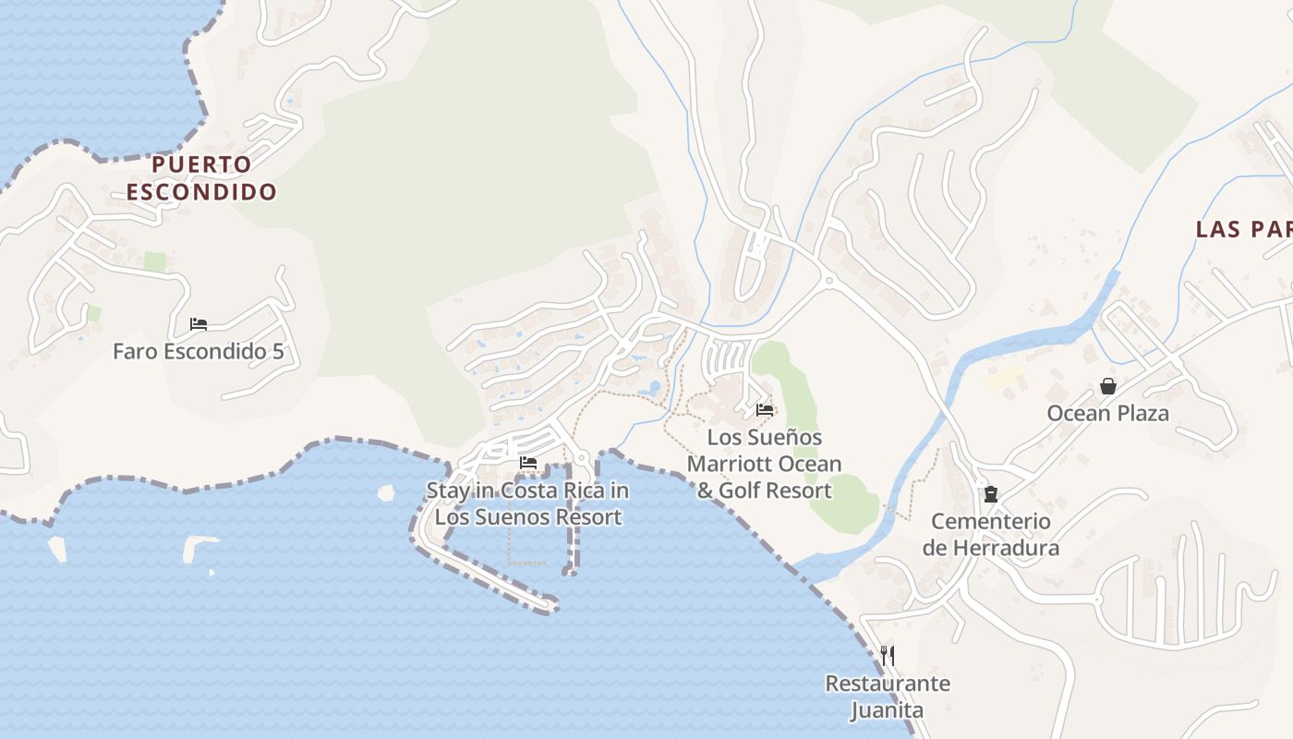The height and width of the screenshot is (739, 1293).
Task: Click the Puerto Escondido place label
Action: (x=201, y=178)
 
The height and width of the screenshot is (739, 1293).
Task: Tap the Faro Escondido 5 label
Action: (x=198, y=352)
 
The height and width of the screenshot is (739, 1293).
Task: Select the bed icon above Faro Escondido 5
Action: (x=198, y=324)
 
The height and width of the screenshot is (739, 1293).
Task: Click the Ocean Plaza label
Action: (x=1107, y=413)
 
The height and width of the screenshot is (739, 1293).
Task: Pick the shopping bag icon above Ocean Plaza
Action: (x=1107, y=386)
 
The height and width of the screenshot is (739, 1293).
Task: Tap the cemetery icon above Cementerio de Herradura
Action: (x=991, y=494)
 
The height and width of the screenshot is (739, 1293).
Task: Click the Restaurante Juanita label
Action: (x=887, y=697)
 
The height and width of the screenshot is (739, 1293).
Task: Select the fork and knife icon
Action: (x=888, y=656)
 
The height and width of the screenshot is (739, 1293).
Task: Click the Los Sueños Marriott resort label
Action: (x=764, y=464)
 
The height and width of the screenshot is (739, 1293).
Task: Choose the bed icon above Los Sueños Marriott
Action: (x=765, y=409)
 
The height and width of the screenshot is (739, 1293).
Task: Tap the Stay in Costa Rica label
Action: (x=527, y=503)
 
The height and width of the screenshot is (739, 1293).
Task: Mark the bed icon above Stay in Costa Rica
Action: (x=528, y=462)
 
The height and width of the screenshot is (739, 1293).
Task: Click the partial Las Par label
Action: (x=1243, y=229)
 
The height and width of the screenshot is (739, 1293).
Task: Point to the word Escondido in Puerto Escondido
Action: (x=201, y=192)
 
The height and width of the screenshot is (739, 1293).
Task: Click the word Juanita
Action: (x=887, y=710)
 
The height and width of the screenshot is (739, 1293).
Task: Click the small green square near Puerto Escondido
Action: (x=154, y=262)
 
